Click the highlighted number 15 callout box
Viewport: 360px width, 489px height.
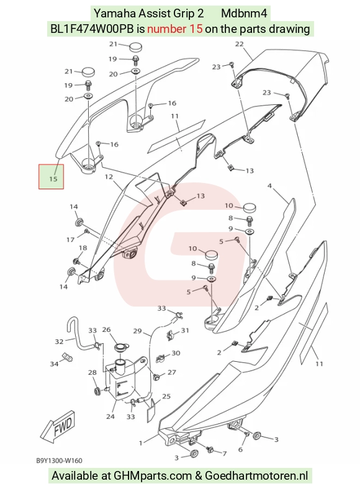[x=51, y=176]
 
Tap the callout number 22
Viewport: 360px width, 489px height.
[x=239, y=44]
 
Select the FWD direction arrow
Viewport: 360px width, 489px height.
[x=58, y=426]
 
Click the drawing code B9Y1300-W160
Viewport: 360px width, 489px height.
[x=59, y=460]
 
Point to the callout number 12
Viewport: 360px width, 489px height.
[x=109, y=177]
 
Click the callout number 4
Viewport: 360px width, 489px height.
[x=269, y=186]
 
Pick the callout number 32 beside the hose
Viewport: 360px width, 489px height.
[x=59, y=341]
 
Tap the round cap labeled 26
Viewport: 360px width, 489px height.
[x=119, y=347]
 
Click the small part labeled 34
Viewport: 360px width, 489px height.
[x=68, y=357]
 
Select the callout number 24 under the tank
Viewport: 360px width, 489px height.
[x=110, y=416]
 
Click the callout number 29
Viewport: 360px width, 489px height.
[x=138, y=331]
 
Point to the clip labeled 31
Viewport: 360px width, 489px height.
[x=170, y=334]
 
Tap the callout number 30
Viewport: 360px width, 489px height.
[x=176, y=352]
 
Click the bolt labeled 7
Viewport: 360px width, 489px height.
[x=210, y=449]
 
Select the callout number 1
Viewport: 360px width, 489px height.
[x=141, y=442]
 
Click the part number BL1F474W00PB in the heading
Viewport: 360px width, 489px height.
[x=92, y=29]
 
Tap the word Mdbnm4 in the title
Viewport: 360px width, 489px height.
[x=245, y=14]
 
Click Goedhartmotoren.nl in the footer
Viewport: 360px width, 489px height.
[x=256, y=475]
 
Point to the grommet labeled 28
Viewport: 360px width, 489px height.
[x=96, y=390]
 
